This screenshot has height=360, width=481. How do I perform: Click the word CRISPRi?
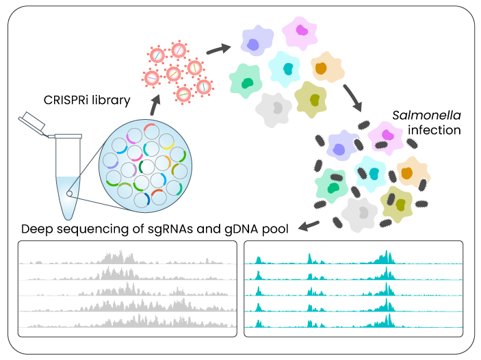click(x=66, y=101)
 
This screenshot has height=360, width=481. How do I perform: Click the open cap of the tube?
click(x=33, y=123)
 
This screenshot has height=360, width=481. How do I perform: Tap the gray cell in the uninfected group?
click(x=276, y=108)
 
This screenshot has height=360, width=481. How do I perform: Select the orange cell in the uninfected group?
click(x=324, y=68)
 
